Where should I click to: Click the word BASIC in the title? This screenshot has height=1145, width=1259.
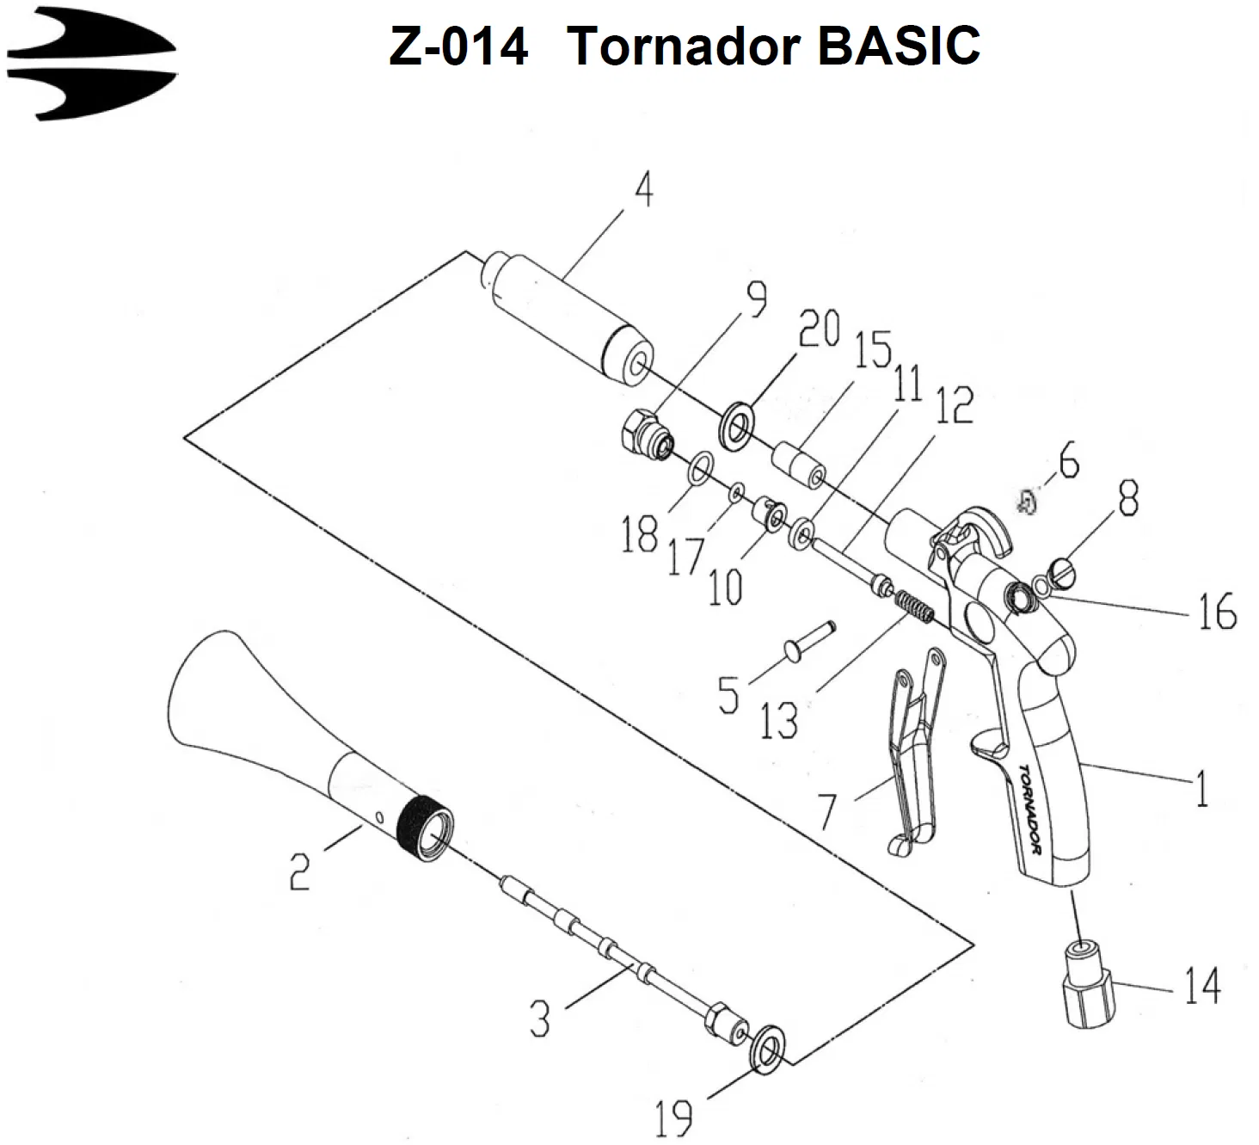899,46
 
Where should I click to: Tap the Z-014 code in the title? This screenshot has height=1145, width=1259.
458,46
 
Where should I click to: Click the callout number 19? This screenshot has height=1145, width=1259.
673,1118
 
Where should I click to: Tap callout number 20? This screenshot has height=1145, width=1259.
819,328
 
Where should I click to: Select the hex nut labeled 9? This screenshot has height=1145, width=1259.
647,438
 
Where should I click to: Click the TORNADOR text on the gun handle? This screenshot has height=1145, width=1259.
1029,810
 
